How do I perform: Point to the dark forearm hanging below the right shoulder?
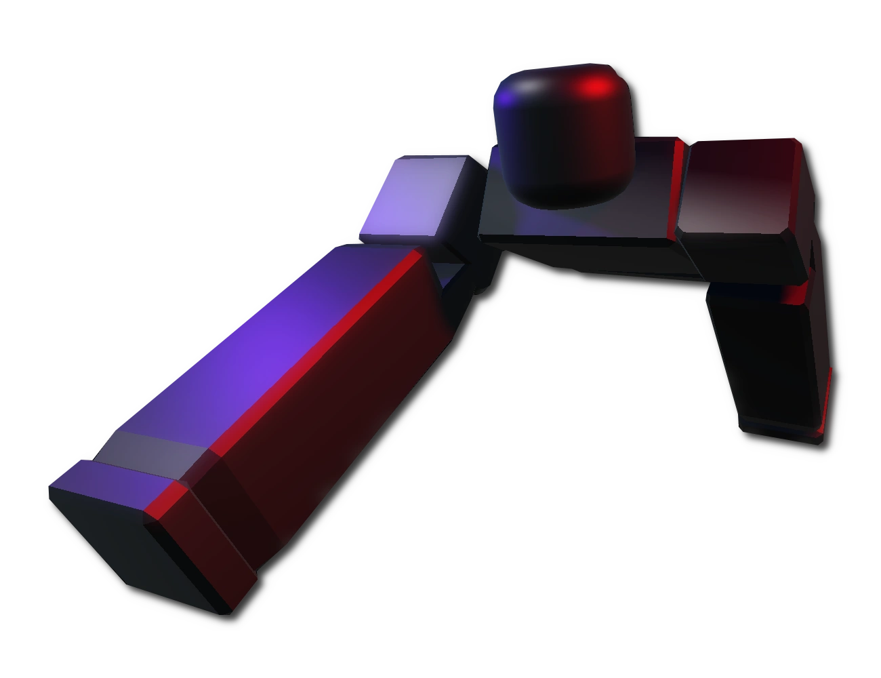tap(766, 359)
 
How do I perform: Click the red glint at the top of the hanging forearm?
tap(793, 295)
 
